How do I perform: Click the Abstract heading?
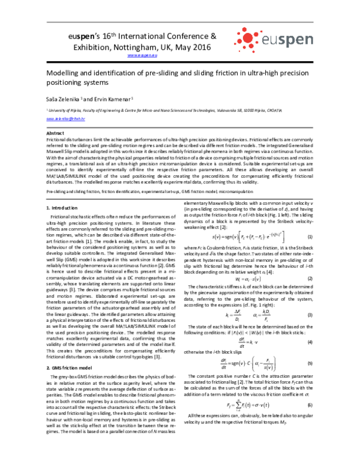click(56, 133)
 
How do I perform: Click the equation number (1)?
click(310, 239)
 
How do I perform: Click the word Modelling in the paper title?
click(64, 71)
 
